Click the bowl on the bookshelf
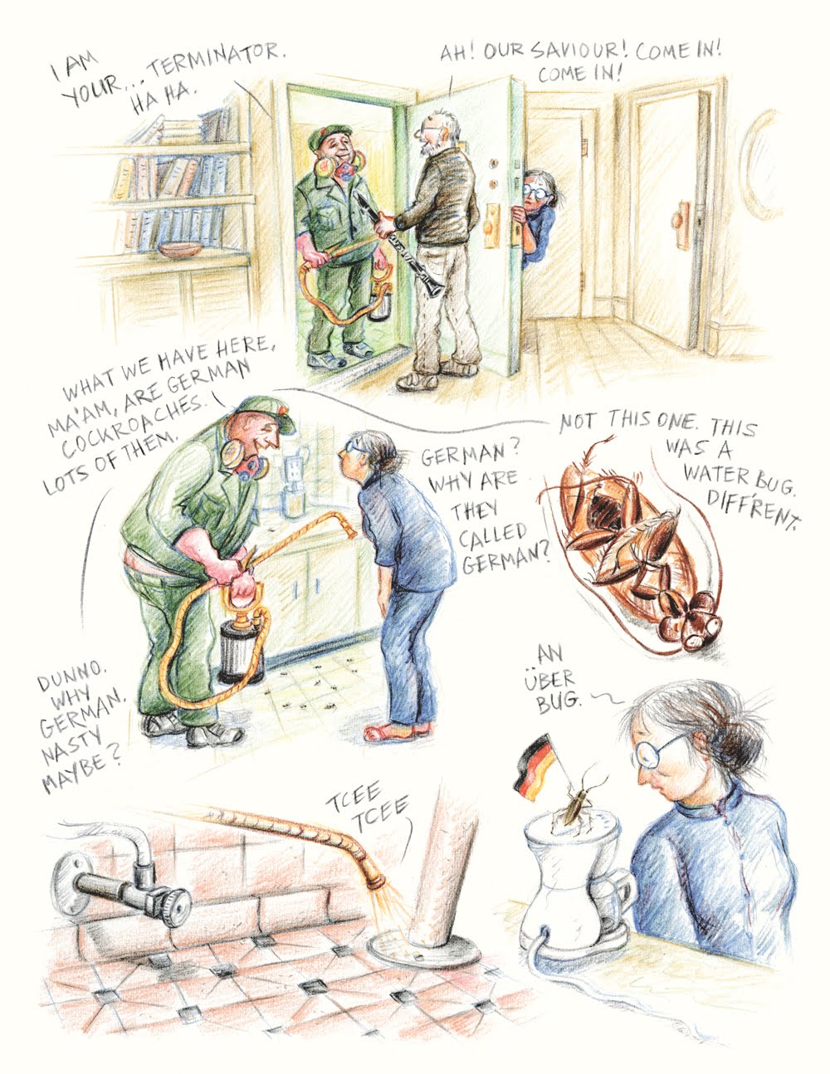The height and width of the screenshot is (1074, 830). click(x=181, y=249)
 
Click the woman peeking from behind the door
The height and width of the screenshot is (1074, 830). click(x=536, y=217)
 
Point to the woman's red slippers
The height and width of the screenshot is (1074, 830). click(x=398, y=730)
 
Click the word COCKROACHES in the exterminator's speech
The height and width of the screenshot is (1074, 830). click(x=130, y=424)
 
